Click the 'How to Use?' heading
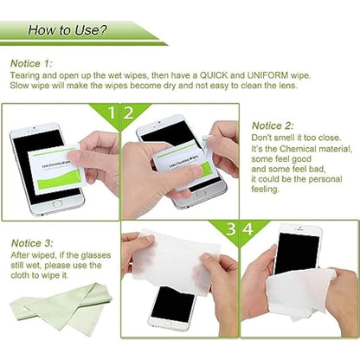pyautogui.click(x=67, y=30)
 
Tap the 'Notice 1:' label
pyautogui.click(x=32, y=63)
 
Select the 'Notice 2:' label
pyautogui.click(x=273, y=125)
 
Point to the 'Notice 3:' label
pyautogui.click(x=32, y=243)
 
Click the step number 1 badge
pyautogui.click(x=111, y=112)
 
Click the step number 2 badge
pyautogui.click(x=129, y=112)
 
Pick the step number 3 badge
pyautogui.click(x=231, y=229)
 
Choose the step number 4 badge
pyautogui.click(x=249, y=229)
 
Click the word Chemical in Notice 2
pyautogui.click(x=291, y=150)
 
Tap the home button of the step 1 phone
pyautogui.click(x=57, y=204)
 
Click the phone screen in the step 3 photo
pyautogui.click(x=173, y=304)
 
